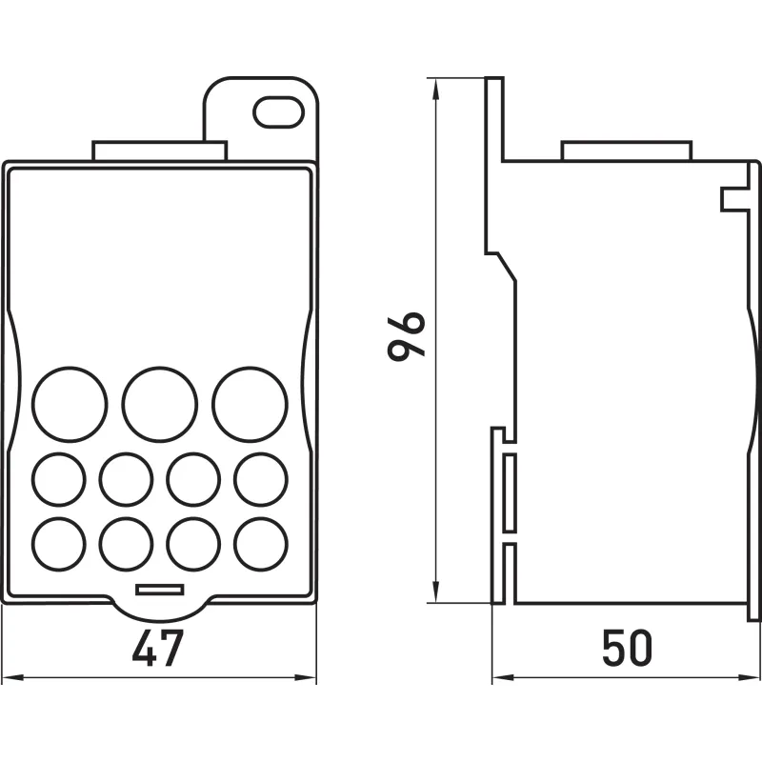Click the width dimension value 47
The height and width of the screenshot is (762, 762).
click(x=158, y=649)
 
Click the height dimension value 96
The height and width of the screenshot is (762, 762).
click(x=407, y=336)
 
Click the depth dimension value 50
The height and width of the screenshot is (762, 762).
click(x=627, y=649)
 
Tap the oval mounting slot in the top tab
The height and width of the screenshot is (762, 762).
click(x=278, y=112)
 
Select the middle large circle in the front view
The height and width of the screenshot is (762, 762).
click(x=160, y=405)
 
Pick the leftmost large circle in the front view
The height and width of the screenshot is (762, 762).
click(x=70, y=405)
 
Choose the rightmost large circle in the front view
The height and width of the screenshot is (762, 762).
click(x=250, y=405)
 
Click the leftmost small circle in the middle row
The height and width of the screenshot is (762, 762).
click(x=59, y=479)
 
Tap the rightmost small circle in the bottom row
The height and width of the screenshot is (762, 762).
click(x=261, y=544)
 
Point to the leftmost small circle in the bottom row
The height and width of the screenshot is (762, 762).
click(x=59, y=544)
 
